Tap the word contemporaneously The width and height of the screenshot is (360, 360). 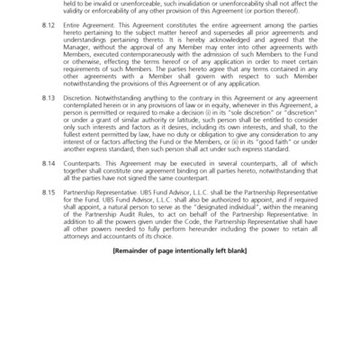pyautogui.click(x=174, y=77)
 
